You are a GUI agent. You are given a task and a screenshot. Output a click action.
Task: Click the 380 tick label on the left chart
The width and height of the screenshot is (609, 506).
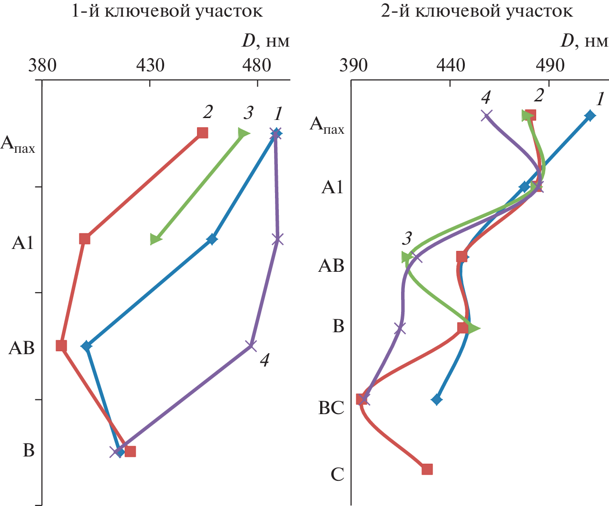pos(42,65)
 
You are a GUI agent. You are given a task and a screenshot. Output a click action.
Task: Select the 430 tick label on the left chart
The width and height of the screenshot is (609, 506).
pos(150,65)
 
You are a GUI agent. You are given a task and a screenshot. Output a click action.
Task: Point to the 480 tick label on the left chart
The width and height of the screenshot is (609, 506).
pos(257,65)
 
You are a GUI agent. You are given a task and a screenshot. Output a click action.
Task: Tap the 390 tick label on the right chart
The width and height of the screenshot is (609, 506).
pos(354,65)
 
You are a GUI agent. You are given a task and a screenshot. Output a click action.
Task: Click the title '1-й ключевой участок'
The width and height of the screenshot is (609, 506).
pos(167,11)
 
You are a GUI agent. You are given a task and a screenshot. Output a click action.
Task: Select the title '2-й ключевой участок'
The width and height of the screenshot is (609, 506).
pos(477,11)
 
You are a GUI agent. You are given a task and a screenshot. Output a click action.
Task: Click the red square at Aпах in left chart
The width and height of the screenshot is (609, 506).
pos(203,133)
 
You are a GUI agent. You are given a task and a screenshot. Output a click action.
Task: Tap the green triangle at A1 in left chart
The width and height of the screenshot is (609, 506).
pos(155,239)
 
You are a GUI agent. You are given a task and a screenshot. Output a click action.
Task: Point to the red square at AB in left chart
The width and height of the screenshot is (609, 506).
pos(61,346)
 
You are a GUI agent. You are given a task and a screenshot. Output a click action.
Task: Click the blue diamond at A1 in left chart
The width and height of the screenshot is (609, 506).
pos(212,239)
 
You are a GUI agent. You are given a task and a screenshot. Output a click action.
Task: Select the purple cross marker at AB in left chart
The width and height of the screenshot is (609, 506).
pos(251,345)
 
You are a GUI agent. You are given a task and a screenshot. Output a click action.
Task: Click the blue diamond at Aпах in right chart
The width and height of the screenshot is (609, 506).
pos(590,115)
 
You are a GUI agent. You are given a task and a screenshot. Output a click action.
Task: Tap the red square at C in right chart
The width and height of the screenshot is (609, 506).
pos(427,469)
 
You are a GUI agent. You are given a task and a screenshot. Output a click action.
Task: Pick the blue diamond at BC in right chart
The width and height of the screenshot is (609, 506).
pos(436,399)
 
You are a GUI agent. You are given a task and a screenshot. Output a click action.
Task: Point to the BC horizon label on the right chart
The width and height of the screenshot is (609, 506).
pos(331,408)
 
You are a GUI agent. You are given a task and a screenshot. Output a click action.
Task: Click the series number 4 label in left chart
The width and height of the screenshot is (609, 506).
pos(265,360)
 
